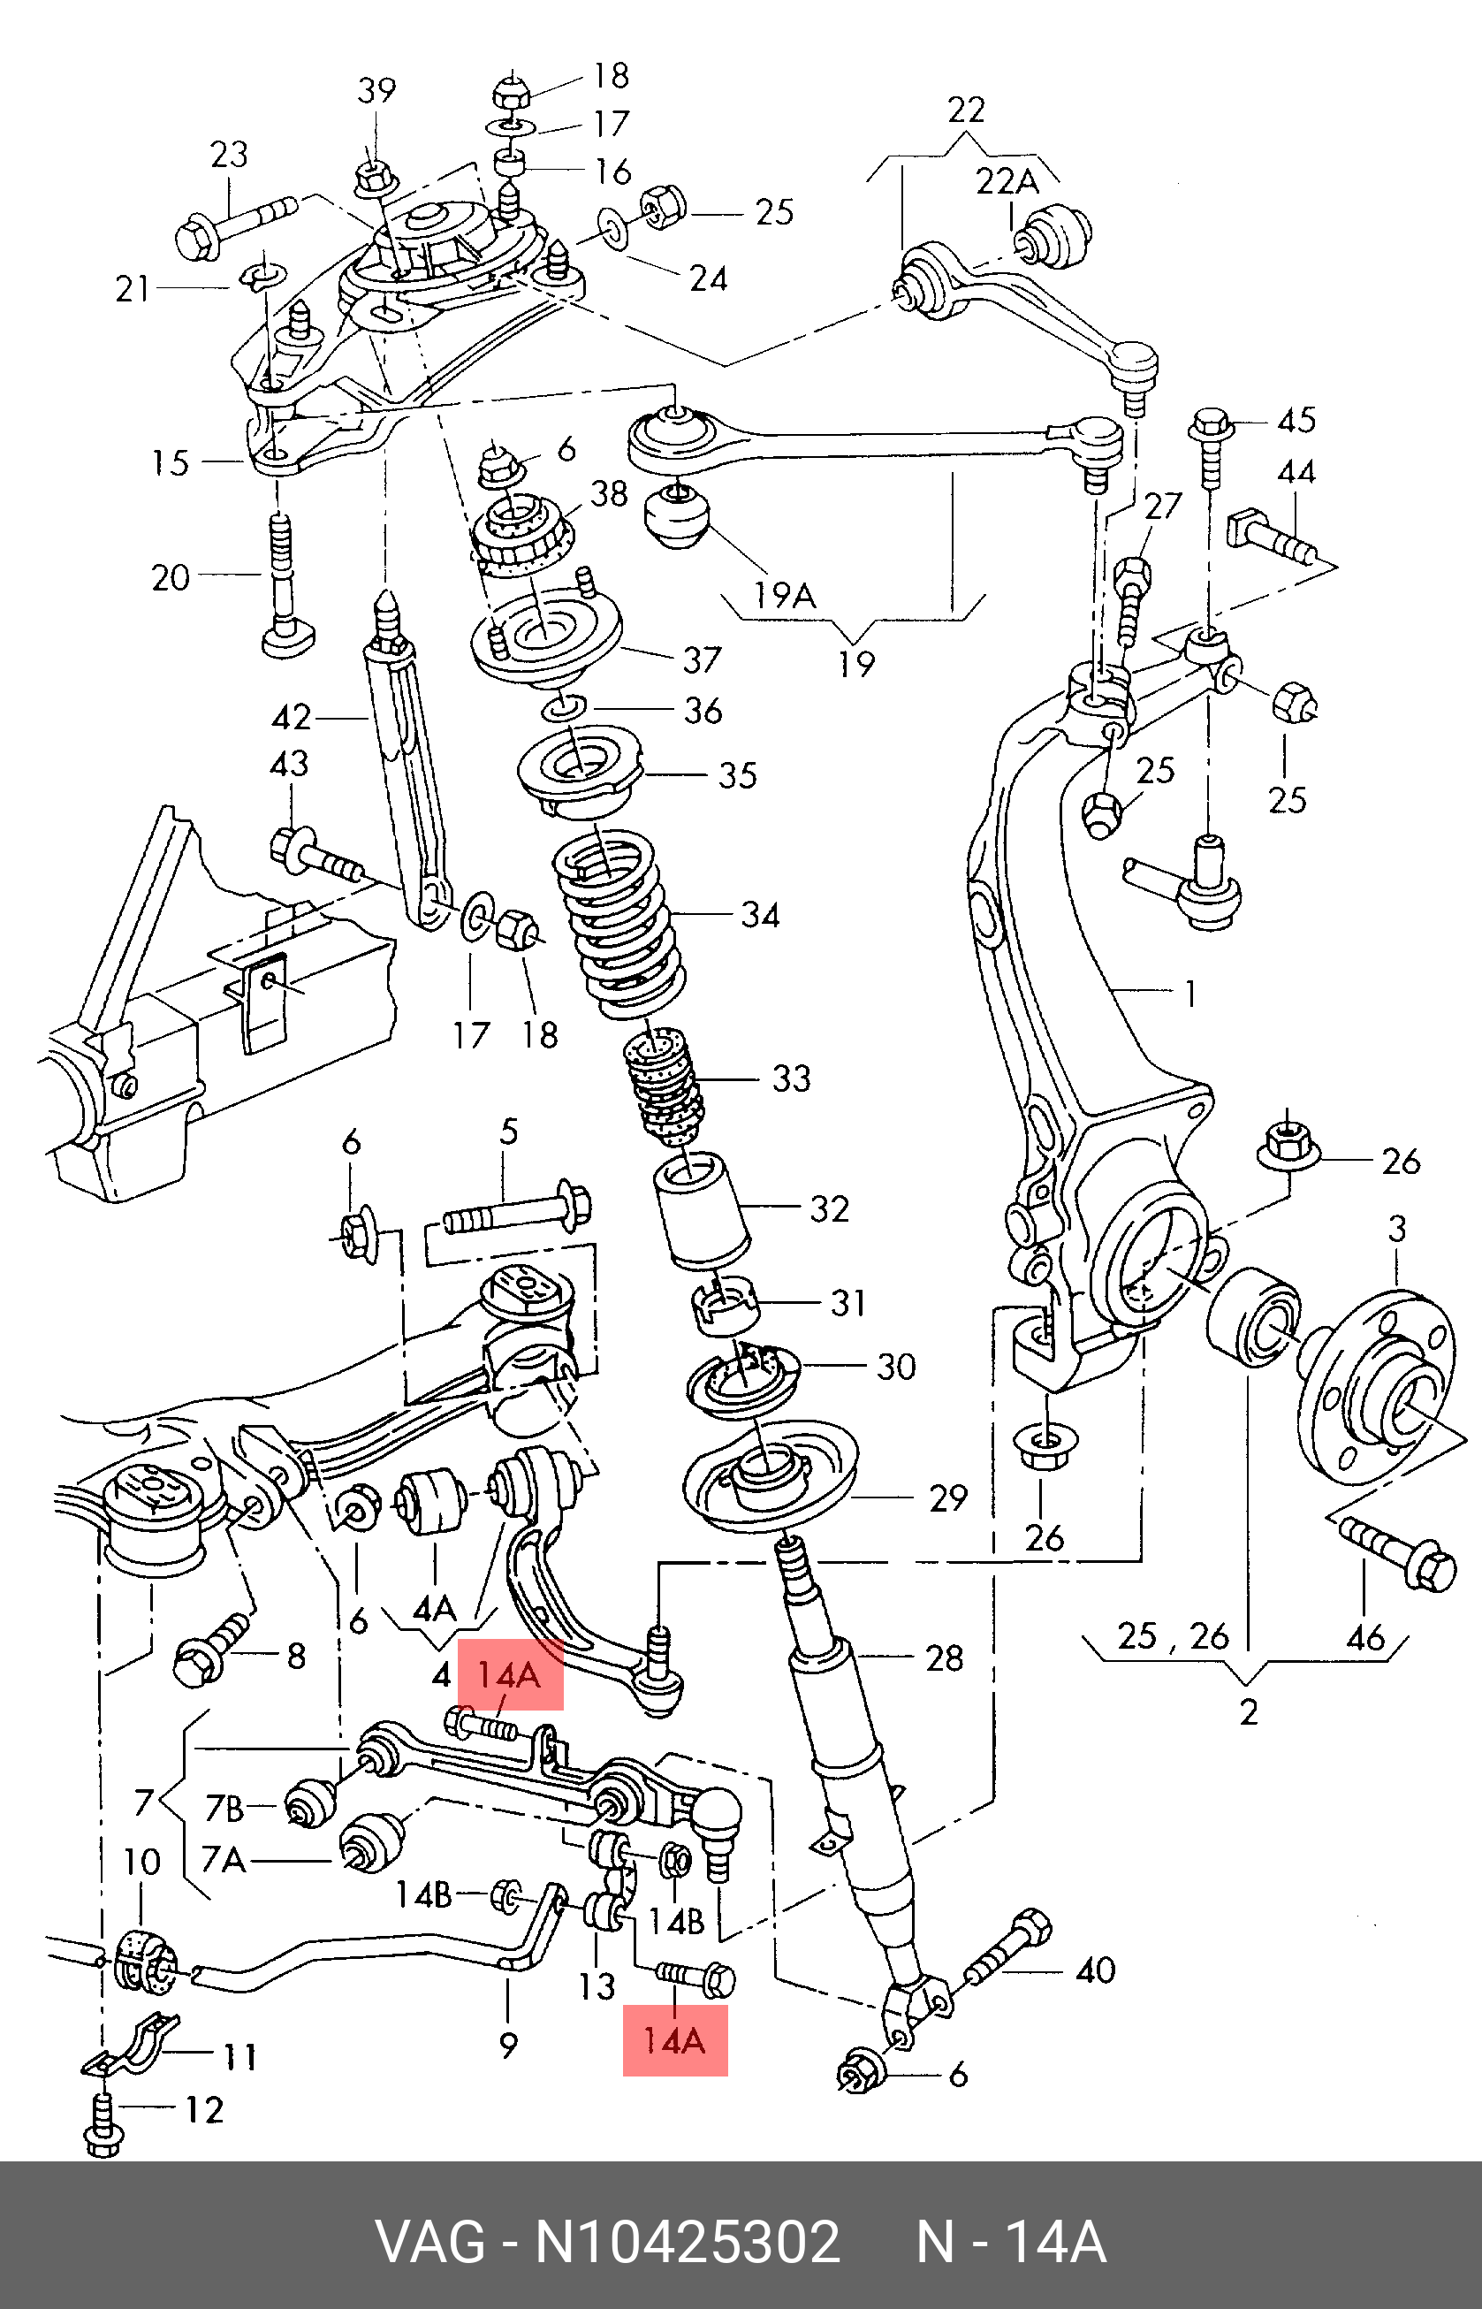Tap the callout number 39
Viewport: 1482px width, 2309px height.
(376, 90)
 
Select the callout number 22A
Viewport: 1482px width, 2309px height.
(1007, 181)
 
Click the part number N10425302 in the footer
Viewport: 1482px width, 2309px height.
(688, 2243)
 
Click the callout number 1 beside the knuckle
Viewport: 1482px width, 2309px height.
(1190, 994)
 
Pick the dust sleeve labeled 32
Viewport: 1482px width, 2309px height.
(702, 1209)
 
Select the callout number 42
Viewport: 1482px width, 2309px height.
(291, 717)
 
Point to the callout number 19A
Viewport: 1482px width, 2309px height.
(785, 596)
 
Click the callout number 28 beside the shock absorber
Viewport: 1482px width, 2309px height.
(944, 1657)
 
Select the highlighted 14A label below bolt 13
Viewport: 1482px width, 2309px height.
(674, 2040)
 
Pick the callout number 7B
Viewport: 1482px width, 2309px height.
(224, 1810)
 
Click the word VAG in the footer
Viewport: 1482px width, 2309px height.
(429, 2243)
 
